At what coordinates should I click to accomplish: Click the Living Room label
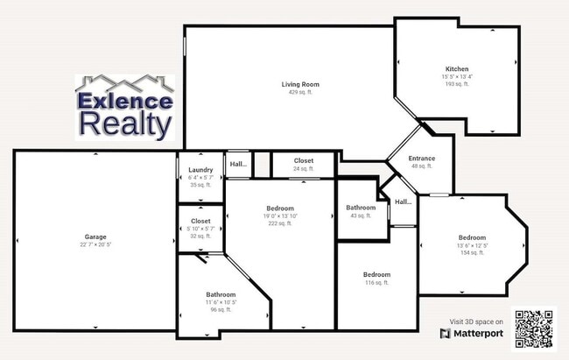[x=293, y=85]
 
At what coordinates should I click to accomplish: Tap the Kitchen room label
[x=457, y=68]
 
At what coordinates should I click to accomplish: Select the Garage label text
[x=95, y=236]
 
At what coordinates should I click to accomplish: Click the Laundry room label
[x=200, y=170]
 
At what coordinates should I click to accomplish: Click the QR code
[x=534, y=329]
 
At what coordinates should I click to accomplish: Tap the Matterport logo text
[x=478, y=334]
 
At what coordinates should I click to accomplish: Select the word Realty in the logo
[x=124, y=124]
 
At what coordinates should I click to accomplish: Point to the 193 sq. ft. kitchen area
[x=457, y=83]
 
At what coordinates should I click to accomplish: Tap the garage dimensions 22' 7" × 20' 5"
[x=95, y=244]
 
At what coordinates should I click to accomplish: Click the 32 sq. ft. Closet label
[x=200, y=229]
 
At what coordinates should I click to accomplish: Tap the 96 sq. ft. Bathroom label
[x=221, y=294]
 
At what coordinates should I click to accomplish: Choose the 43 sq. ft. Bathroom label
[x=361, y=208]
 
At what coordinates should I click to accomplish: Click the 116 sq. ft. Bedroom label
[x=376, y=274]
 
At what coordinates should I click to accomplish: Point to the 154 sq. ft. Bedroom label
[x=472, y=237]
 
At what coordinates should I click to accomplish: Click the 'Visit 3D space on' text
[x=476, y=322]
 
